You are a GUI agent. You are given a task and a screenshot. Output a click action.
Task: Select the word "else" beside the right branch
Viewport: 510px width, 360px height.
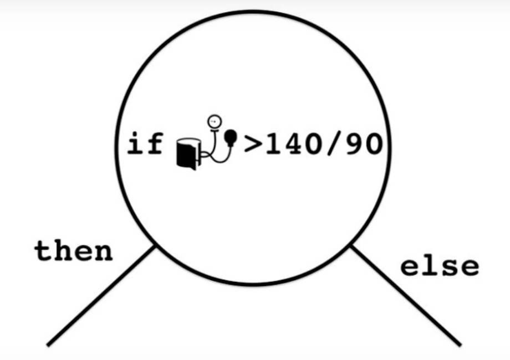(x=439, y=266)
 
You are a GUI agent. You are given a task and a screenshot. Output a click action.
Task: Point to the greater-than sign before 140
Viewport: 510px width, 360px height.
(x=253, y=145)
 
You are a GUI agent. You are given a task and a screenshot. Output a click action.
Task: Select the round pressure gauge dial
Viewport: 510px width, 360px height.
(x=212, y=120)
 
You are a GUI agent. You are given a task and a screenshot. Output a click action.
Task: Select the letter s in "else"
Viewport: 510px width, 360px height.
(x=449, y=268)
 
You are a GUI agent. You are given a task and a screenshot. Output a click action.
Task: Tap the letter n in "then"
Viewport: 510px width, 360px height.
(x=103, y=253)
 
